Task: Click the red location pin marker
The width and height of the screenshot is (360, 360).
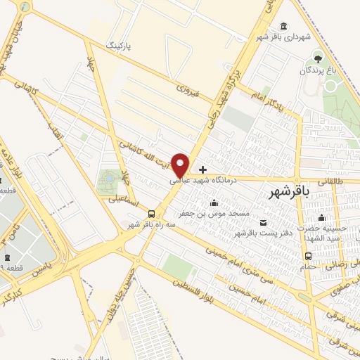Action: point(181,165)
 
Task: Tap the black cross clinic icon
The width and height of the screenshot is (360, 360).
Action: point(203,169)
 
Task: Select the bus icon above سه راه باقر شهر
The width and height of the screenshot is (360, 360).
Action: point(151,214)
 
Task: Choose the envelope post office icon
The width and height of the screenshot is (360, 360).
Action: point(264,223)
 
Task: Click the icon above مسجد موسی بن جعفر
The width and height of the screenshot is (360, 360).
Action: point(214,203)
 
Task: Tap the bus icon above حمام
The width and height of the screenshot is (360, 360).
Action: point(328,256)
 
